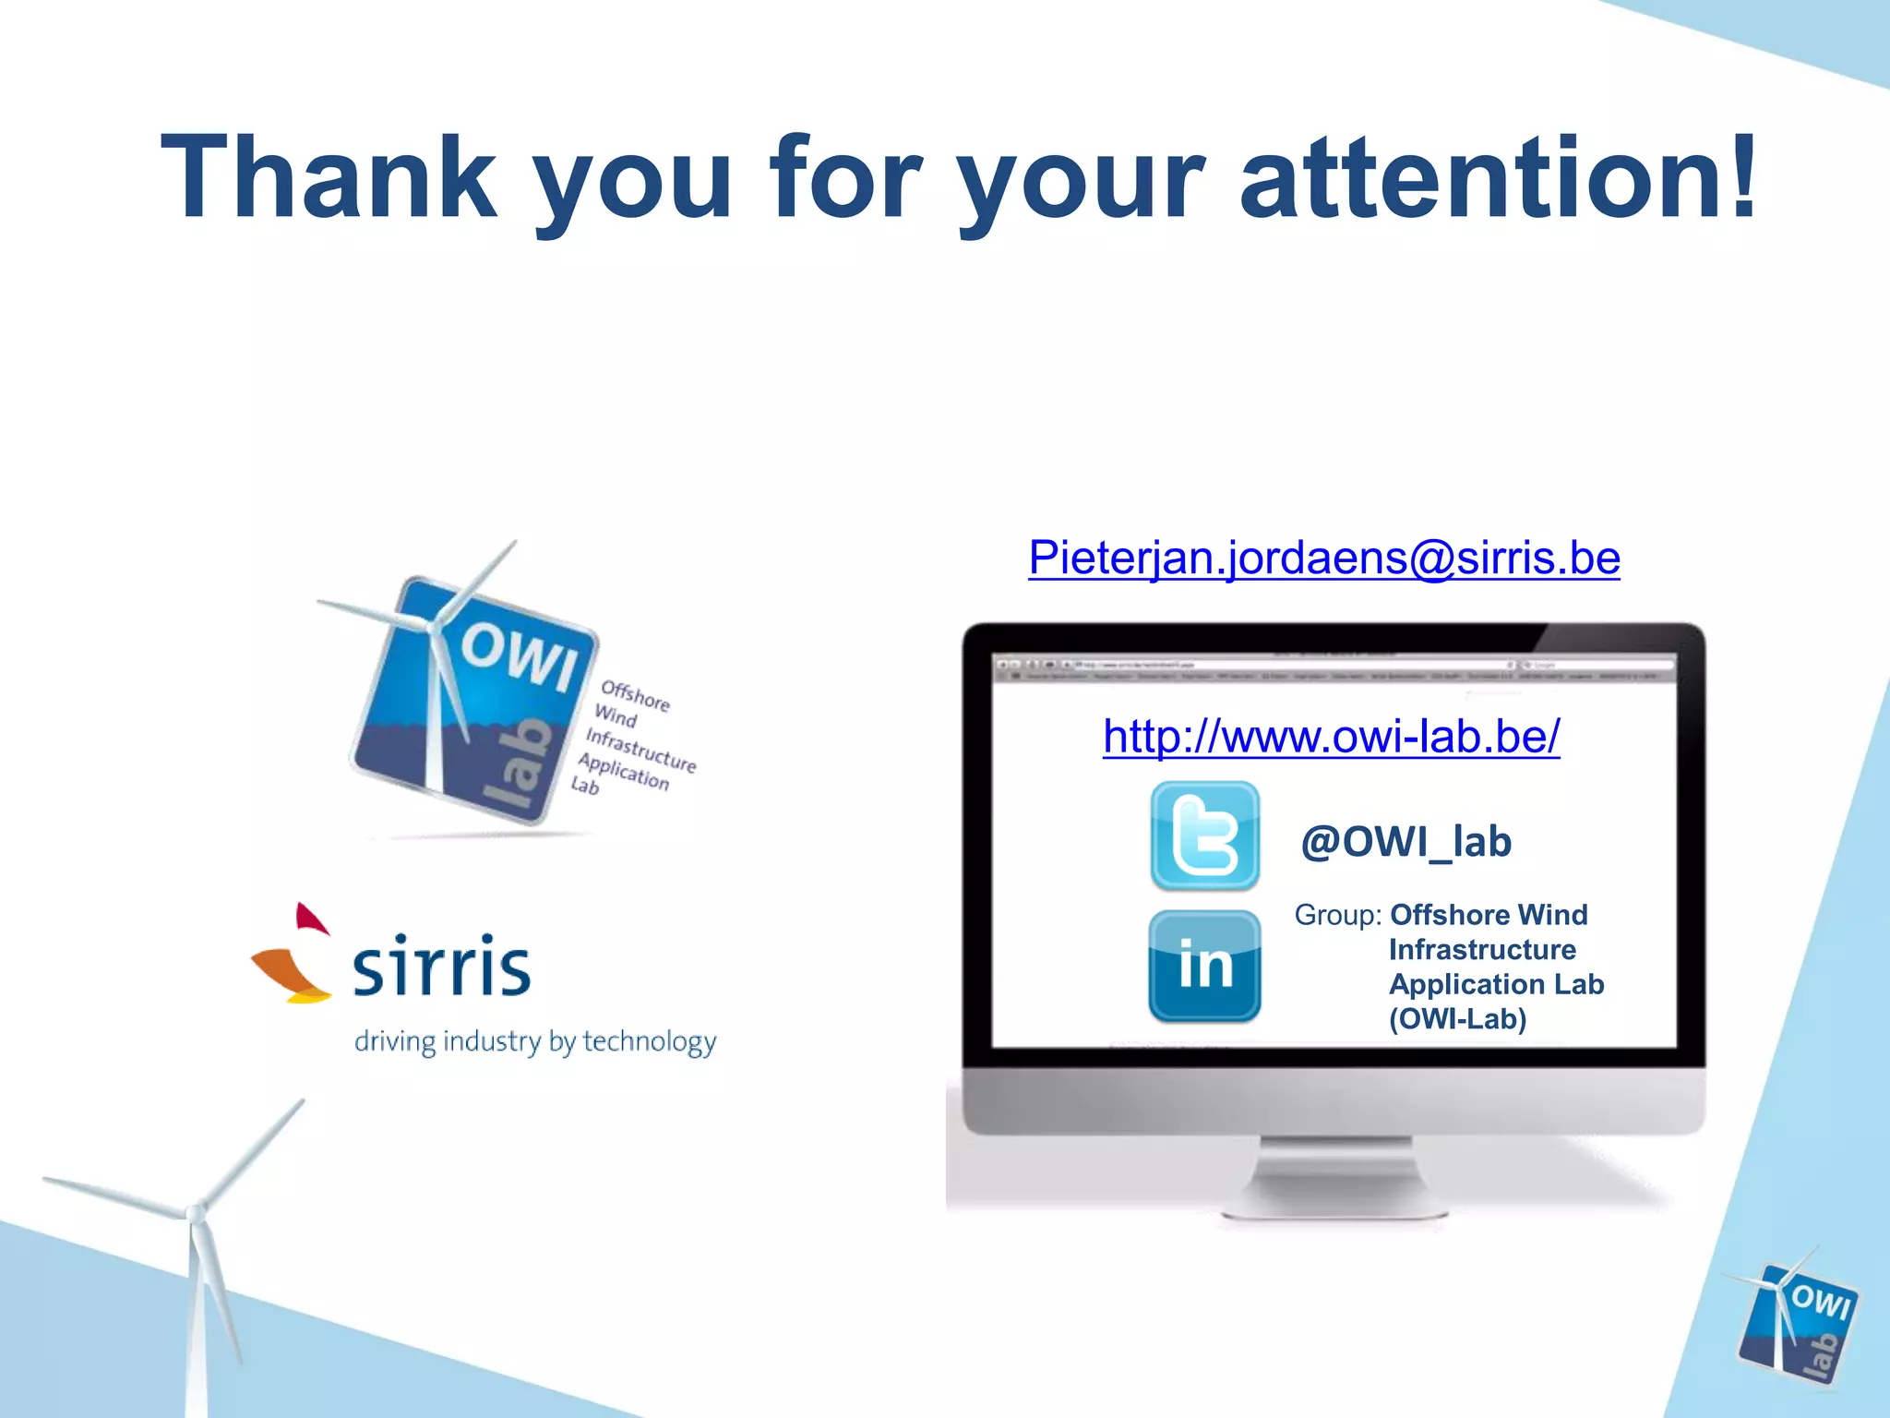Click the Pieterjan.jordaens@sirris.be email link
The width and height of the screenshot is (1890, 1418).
1324,558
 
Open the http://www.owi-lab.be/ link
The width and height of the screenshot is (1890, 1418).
1331,737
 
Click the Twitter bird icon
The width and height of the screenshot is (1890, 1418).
1204,836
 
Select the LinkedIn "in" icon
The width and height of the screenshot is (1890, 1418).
1204,966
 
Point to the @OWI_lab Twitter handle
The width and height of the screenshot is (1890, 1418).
1406,842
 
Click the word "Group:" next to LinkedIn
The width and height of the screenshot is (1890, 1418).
1337,915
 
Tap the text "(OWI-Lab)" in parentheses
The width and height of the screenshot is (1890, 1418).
1457,1019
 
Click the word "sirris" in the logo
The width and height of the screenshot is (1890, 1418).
441,967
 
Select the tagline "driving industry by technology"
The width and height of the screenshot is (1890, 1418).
535,1041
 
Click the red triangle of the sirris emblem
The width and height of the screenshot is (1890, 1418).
310,919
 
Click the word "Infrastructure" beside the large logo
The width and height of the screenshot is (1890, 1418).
640,750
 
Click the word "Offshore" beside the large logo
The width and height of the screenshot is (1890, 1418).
635,695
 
